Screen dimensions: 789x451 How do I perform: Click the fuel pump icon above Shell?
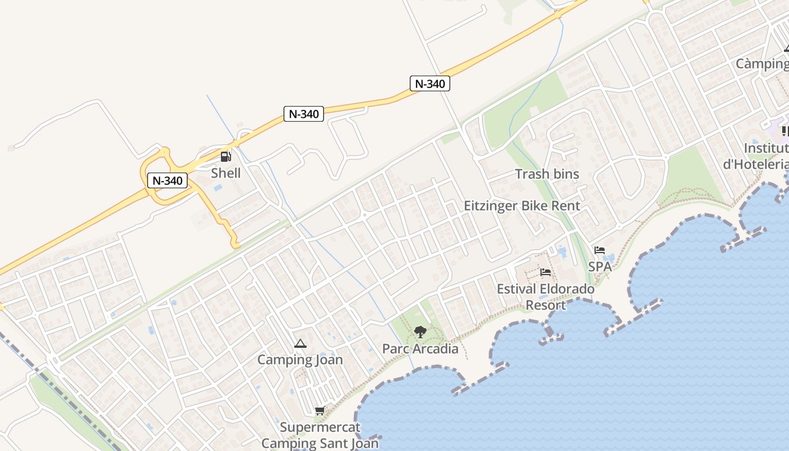[225, 157]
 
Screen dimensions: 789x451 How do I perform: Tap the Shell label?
[225, 173]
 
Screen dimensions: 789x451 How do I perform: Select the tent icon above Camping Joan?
[300, 343]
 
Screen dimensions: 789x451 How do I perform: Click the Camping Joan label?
[300, 360]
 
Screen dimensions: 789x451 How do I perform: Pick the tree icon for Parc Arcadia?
[420, 332]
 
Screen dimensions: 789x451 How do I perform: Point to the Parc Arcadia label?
[420, 349]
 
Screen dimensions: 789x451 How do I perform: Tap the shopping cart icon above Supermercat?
[320, 411]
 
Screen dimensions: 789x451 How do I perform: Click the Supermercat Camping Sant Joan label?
[320, 436]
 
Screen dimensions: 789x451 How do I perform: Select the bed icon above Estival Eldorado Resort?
[546, 273]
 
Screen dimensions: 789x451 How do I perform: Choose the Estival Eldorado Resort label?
[546, 297]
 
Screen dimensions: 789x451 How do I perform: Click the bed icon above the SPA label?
[600, 250]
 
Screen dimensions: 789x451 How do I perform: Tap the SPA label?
[600, 267]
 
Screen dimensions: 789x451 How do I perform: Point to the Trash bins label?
[547, 174]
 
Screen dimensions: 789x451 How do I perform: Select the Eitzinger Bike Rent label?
[522, 206]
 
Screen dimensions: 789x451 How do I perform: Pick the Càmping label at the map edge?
[762, 64]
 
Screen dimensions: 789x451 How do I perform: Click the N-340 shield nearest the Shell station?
[167, 181]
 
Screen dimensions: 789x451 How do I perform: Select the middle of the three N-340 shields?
[304, 114]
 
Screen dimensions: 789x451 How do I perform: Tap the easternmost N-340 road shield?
[430, 84]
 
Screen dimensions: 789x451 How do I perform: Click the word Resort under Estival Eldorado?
[546, 306]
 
